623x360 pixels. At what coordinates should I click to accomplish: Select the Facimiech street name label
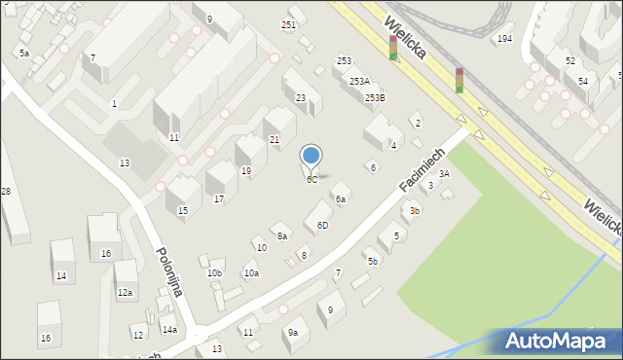click(421, 169)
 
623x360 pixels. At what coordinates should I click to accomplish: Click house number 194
click(504, 38)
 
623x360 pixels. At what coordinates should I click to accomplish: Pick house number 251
click(289, 24)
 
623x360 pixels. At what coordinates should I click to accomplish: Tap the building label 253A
click(359, 82)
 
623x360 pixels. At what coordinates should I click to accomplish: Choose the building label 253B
click(375, 97)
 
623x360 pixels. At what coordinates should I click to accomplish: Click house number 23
click(301, 97)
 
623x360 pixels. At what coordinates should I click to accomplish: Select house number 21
click(275, 140)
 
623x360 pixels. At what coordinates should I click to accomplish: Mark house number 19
click(246, 170)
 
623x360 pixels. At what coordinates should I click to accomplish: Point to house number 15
click(182, 210)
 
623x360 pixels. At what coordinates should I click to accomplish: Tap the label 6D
click(322, 225)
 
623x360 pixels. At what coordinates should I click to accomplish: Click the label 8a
click(282, 235)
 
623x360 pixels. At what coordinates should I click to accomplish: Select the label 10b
click(214, 273)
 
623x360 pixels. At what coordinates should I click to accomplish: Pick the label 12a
click(125, 292)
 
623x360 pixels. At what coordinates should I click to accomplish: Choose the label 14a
click(169, 330)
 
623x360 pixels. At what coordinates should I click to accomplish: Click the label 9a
click(292, 332)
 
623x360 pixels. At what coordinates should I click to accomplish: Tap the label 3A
click(444, 173)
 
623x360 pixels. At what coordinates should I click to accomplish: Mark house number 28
click(6, 191)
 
